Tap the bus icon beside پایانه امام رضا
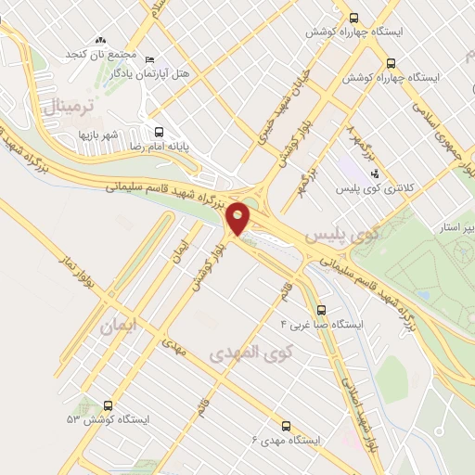[x=159, y=132]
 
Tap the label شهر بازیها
[x=99, y=135]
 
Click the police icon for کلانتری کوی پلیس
[x=374, y=173]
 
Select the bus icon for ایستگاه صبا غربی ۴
[x=321, y=310]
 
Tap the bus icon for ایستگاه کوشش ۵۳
[x=109, y=405]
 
